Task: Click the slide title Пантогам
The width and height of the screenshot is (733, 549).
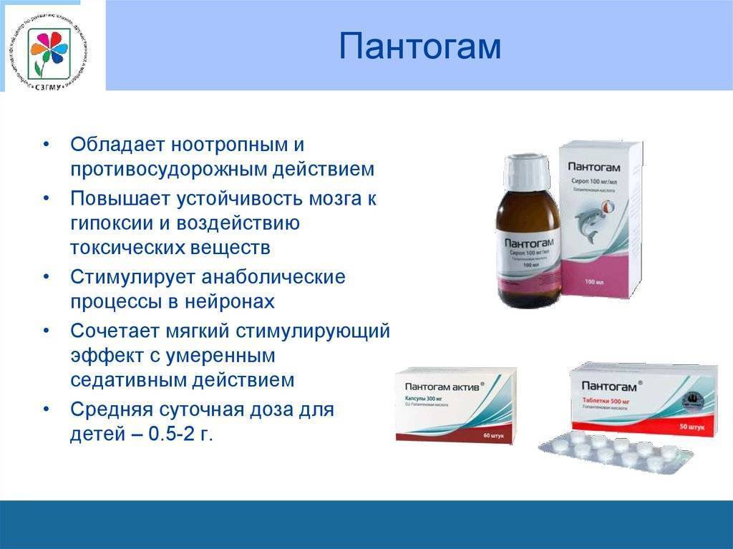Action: click(x=419, y=47)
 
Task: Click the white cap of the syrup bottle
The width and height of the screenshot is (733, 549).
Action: click(x=526, y=173)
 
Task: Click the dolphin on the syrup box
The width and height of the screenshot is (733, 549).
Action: click(x=595, y=221)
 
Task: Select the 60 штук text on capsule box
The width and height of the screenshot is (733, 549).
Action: click(x=493, y=433)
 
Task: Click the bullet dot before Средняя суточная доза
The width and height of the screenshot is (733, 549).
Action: click(x=47, y=409)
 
